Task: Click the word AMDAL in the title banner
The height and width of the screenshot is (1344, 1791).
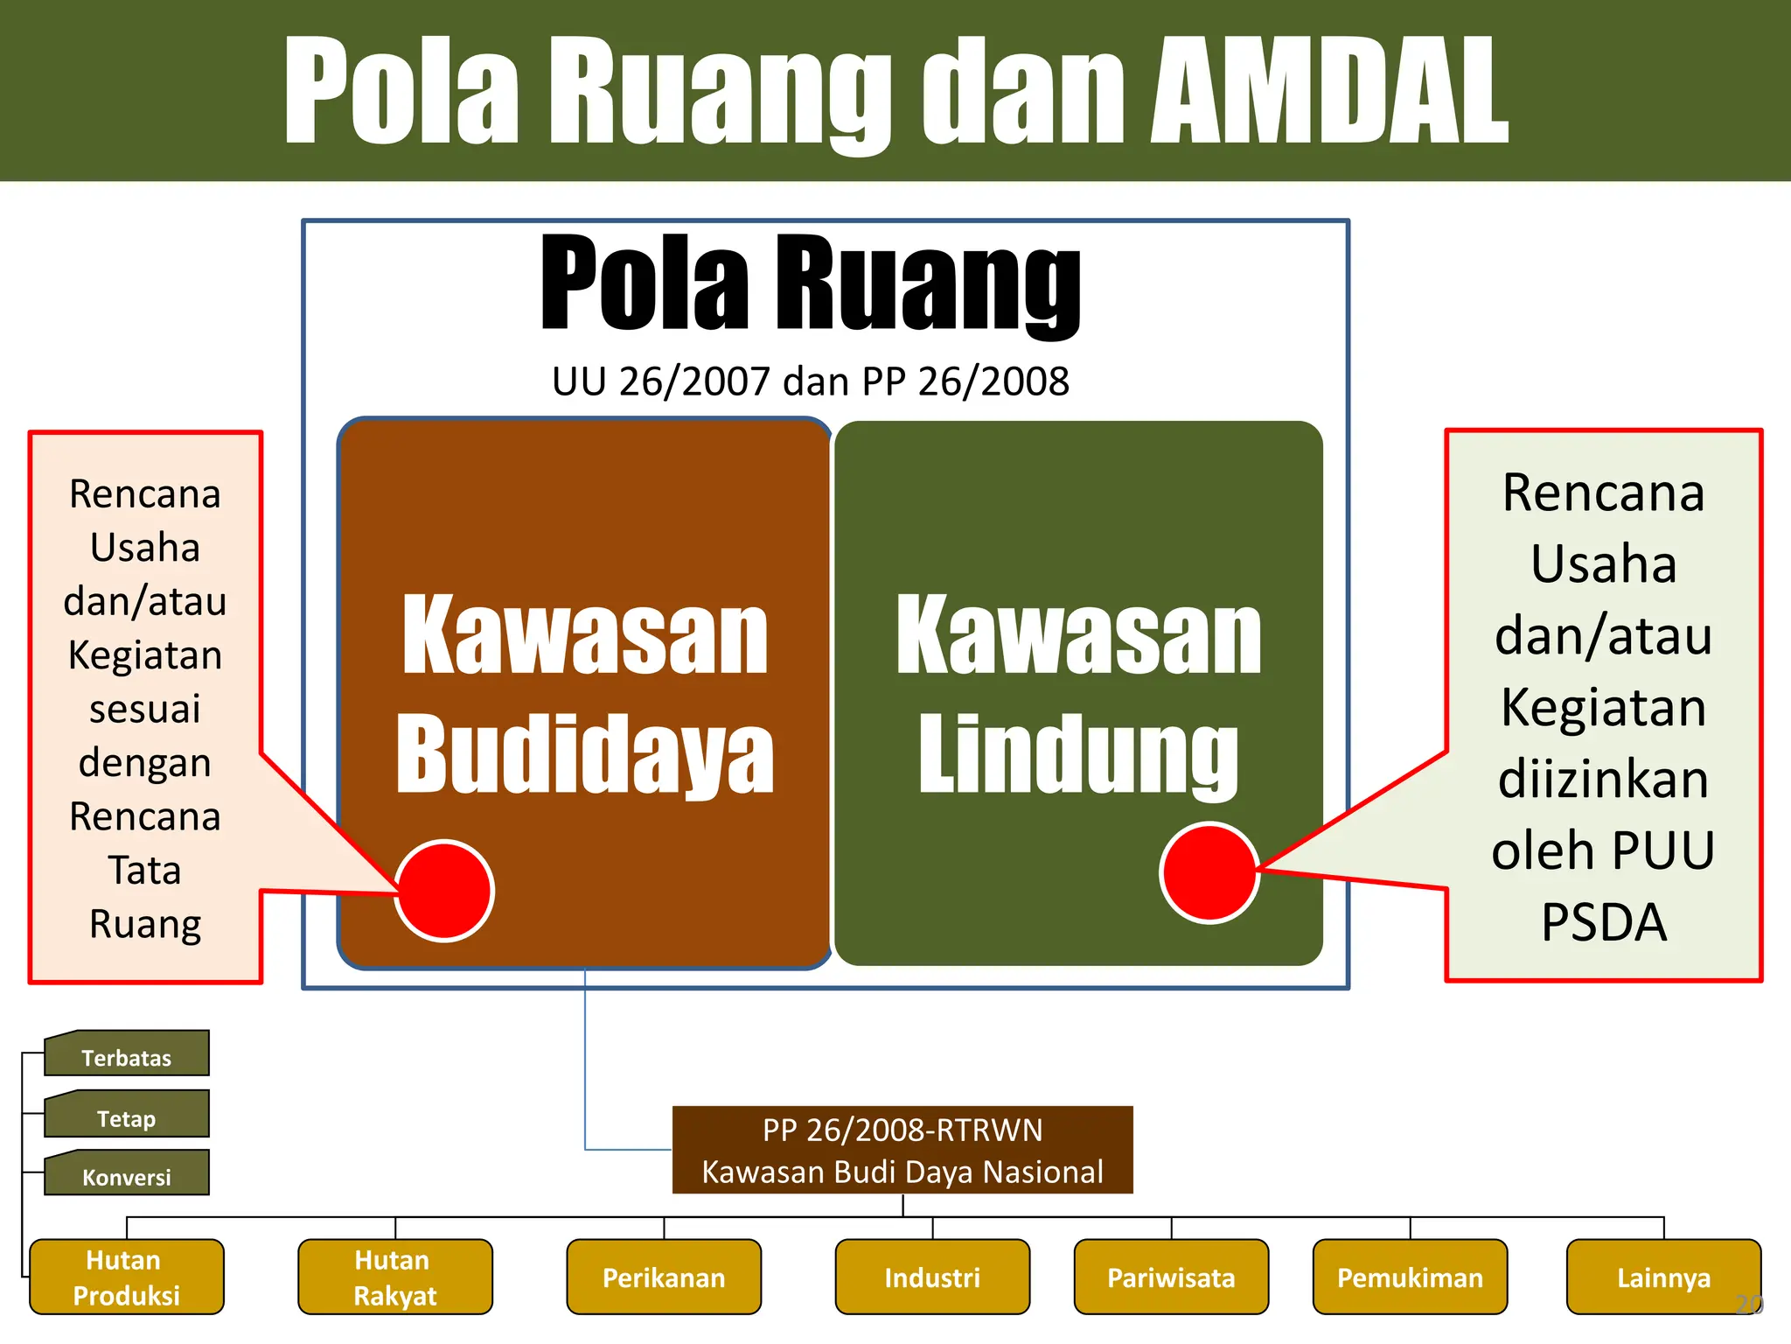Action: [1329, 92]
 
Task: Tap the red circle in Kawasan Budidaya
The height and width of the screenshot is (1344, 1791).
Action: [444, 891]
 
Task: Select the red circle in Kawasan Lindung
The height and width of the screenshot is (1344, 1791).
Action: [1209, 872]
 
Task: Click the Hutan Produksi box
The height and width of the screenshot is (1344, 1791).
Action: [127, 1277]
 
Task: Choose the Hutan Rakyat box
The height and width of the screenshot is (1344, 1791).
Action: [395, 1277]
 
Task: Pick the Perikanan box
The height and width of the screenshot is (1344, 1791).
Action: [664, 1277]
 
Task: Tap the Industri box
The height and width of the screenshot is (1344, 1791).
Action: [932, 1277]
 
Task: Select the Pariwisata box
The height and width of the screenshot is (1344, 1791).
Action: [1171, 1277]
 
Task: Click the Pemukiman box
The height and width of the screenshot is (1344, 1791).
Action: [1410, 1277]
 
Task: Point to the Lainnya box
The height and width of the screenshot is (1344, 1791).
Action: [1663, 1277]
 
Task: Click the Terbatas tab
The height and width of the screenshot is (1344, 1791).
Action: [127, 1056]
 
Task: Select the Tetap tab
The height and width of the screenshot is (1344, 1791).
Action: [127, 1116]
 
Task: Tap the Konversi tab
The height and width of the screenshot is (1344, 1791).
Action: [127, 1176]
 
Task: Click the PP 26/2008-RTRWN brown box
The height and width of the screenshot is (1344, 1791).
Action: [902, 1150]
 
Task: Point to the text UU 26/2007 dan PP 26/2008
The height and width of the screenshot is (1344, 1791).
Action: [811, 381]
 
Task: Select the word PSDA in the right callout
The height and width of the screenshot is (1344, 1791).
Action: [1604, 921]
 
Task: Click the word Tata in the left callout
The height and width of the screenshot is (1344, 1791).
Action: [145, 871]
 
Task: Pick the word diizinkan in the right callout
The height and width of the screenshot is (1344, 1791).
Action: [1604, 779]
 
